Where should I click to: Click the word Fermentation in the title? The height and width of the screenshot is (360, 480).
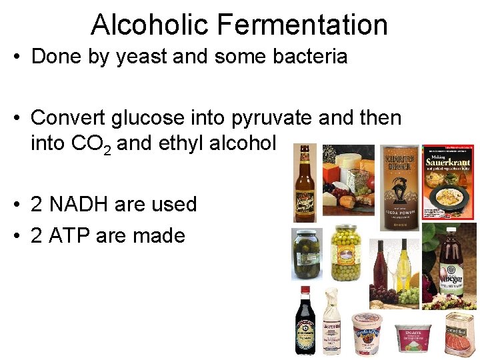pos(303,25)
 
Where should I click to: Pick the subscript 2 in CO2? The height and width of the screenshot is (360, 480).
pos(107,148)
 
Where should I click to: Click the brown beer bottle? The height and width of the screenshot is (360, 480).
pos(305,183)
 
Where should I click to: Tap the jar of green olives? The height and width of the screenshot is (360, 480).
pos(346,253)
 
